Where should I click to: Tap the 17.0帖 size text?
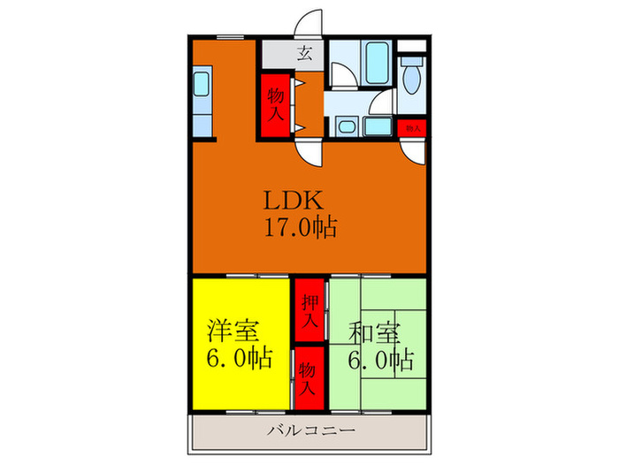[x=298, y=228]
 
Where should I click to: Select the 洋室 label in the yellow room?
[x=233, y=333]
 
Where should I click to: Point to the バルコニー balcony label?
[x=309, y=431]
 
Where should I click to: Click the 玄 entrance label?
[x=304, y=51]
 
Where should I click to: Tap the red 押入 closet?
[x=308, y=313]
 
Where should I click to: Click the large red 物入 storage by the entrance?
[x=276, y=103]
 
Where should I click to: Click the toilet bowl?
[x=411, y=81]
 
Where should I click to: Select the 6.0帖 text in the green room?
[x=380, y=361]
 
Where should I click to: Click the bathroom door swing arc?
[x=345, y=75]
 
